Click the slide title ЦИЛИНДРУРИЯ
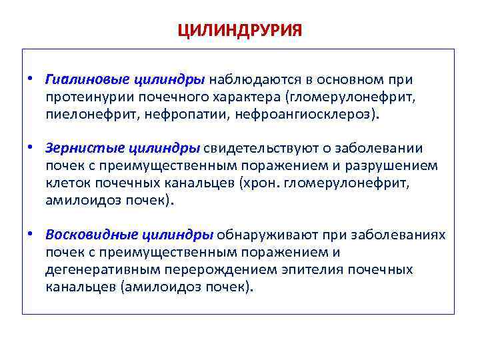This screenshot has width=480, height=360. tap(240, 31)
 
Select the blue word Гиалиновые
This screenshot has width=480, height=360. tap(77, 79)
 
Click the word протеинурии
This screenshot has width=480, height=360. tap(85, 97)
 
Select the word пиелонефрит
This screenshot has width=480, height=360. tap(83, 114)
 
